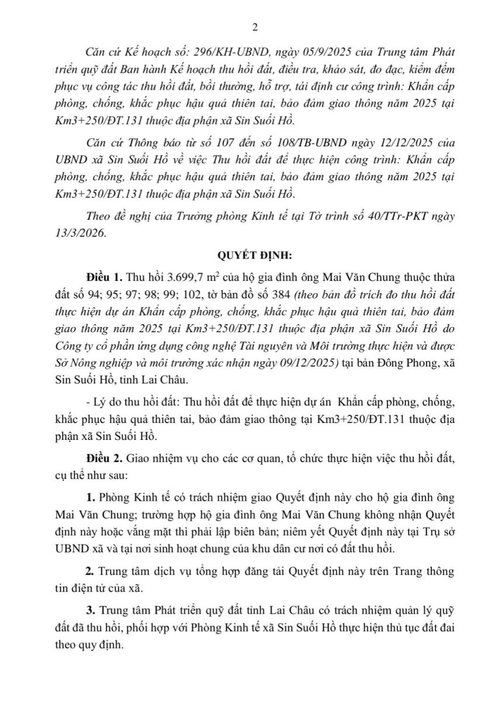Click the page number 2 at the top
coord(254,27)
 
